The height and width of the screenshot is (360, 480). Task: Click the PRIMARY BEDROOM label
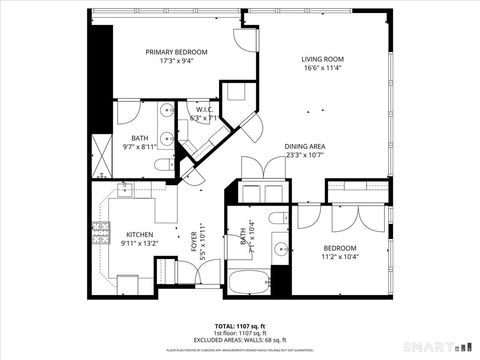pyautogui.click(x=176, y=52)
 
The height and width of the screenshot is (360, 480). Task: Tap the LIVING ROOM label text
pyautogui.click(x=322, y=59)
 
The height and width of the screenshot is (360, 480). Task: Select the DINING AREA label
pyautogui.click(x=304, y=146)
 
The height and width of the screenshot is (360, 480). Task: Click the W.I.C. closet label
pyautogui.click(x=203, y=109)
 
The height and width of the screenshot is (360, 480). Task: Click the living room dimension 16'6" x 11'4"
pyautogui.click(x=322, y=69)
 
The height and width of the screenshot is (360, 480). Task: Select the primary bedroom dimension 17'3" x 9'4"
pyautogui.click(x=176, y=61)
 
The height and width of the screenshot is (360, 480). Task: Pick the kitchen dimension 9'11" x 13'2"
pyautogui.click(x=139, y=243)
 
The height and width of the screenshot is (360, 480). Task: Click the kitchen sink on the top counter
pyautogui.click(x=127, y=189)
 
